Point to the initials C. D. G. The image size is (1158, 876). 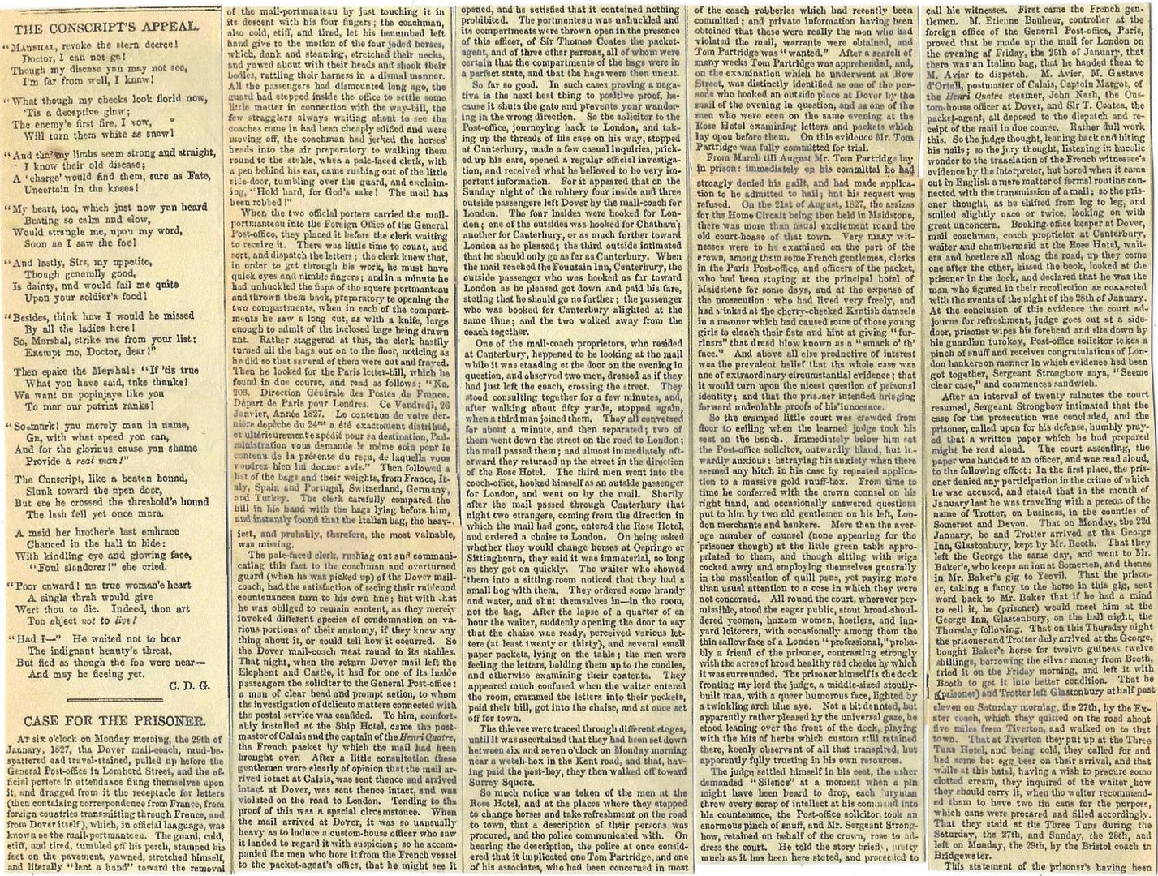coord(191,686)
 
